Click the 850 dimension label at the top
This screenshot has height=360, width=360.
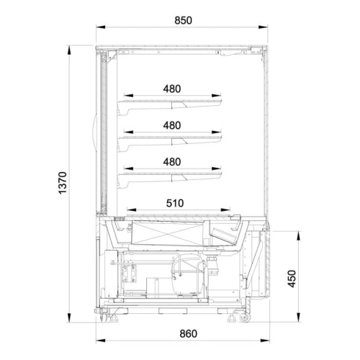pos(183,20)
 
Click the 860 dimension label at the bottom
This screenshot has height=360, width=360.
pos(189,334)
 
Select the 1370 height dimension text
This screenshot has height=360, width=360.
pos(63,183)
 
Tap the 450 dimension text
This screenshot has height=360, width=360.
pos(292,279)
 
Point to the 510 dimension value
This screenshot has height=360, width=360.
pos(175,203)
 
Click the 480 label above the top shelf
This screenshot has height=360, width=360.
pos(172,89)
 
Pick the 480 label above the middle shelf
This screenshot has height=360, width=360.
pos(172,125)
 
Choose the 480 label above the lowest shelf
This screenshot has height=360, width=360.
pos(172,162)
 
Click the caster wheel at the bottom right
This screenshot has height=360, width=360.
pos(245,318)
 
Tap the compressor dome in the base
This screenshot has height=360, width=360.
pos(189,275)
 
